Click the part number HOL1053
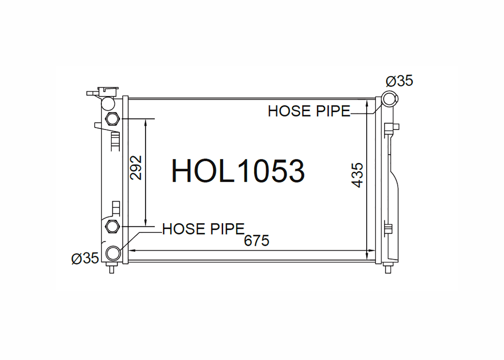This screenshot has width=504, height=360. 238,171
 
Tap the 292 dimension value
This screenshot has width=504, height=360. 136,168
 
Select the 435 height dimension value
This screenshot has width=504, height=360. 357,175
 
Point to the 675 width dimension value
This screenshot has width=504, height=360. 256,241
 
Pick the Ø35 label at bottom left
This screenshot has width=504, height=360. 85,258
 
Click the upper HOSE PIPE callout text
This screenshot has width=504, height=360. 309,111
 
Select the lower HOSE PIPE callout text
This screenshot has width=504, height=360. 203,229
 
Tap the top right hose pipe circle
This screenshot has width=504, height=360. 389,99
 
